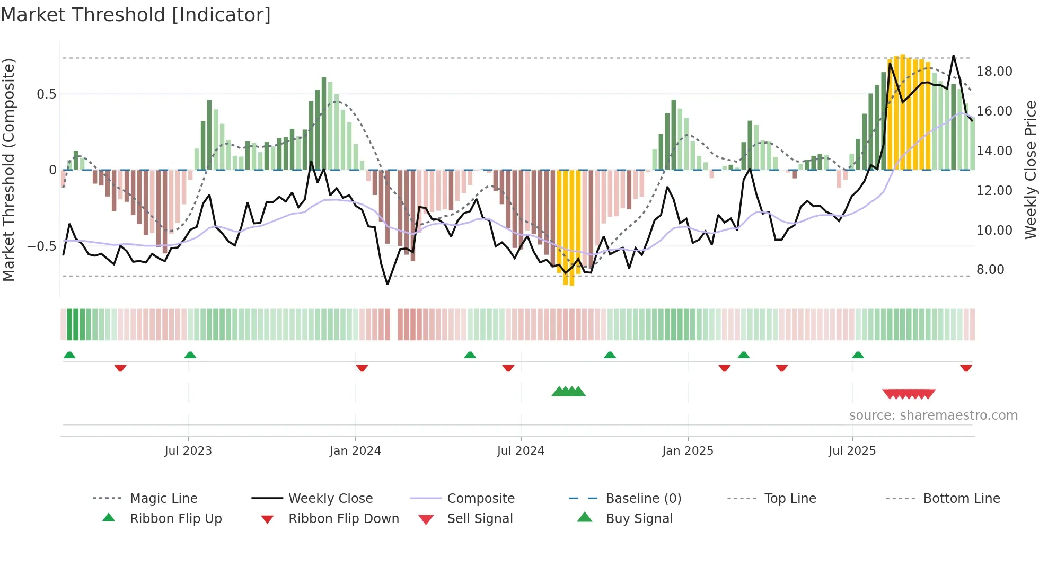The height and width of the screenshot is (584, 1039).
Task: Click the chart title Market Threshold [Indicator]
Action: pos(136,15)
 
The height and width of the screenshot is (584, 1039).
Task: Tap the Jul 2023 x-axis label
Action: pos(188,451)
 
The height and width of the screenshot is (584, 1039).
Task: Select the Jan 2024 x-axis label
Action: pos(355,451)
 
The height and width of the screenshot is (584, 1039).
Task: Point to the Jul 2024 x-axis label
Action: pos(521,451)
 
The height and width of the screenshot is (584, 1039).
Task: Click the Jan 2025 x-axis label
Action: pos(688,451)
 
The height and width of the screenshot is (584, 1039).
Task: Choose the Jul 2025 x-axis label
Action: pos(852,451)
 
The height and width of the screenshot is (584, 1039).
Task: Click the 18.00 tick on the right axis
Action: pos(994,72)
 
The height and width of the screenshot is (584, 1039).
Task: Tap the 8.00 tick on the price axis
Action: pos(990,270)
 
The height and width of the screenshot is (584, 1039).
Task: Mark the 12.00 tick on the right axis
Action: pos(994,191)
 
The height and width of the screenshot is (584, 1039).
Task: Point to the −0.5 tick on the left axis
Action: pos(41,246)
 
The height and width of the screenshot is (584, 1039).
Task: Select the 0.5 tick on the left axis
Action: pos(46,94)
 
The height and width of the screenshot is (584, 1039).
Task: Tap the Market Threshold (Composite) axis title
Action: pos(8,170)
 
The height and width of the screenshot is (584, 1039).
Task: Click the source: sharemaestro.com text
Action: pos(933,415)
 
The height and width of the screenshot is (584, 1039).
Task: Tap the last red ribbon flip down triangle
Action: pos(966,368)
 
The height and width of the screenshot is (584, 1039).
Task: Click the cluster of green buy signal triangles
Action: pos(568,392)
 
